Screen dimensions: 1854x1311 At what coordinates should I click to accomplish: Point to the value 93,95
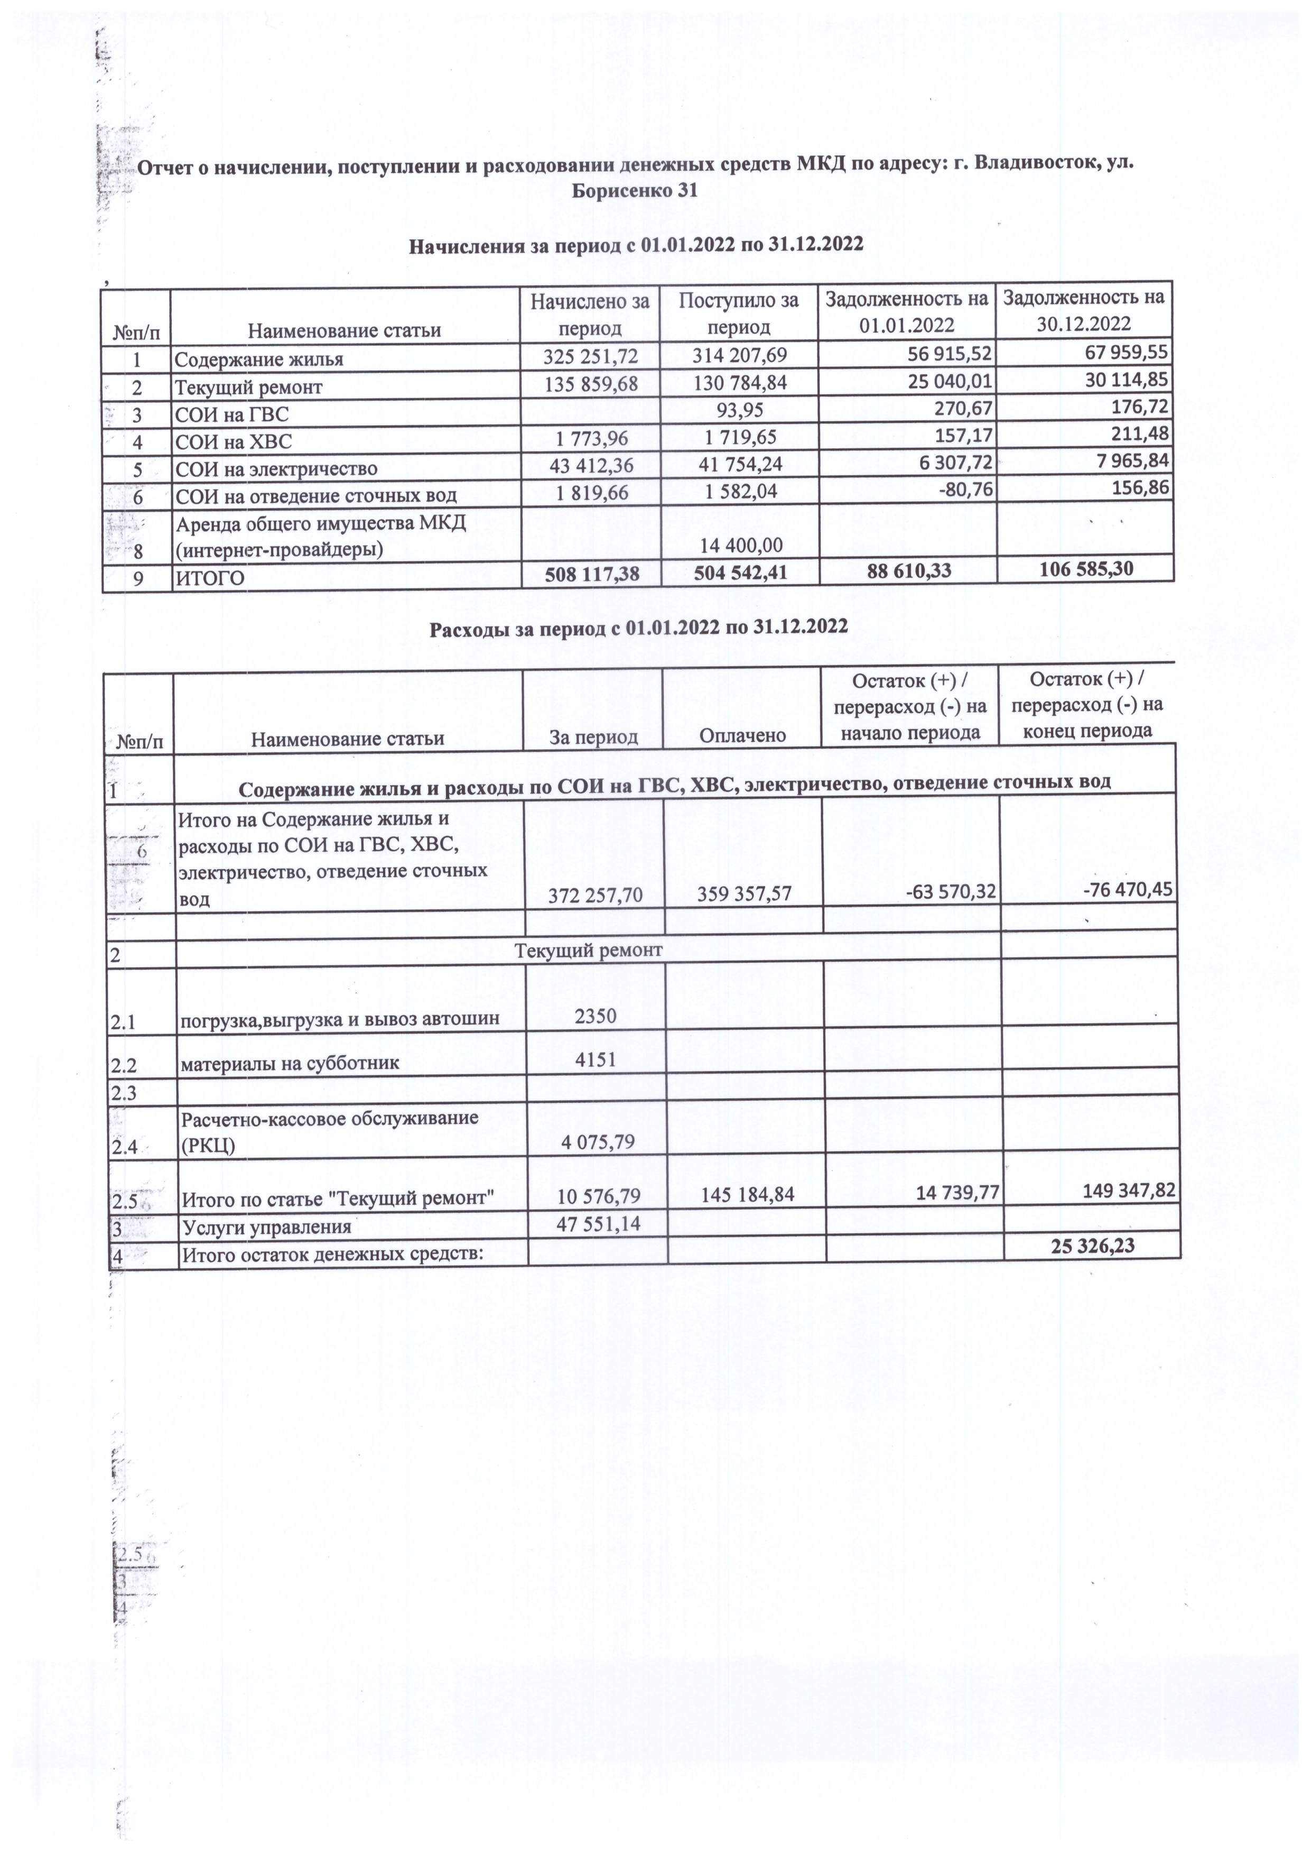[x=740, y=413]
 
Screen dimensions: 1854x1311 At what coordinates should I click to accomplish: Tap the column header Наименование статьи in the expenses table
[x=348, y=738]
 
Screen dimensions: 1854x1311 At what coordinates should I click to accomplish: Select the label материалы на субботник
[x=290, y=1063]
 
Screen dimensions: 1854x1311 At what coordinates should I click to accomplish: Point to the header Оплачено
[x=742, y=735]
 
